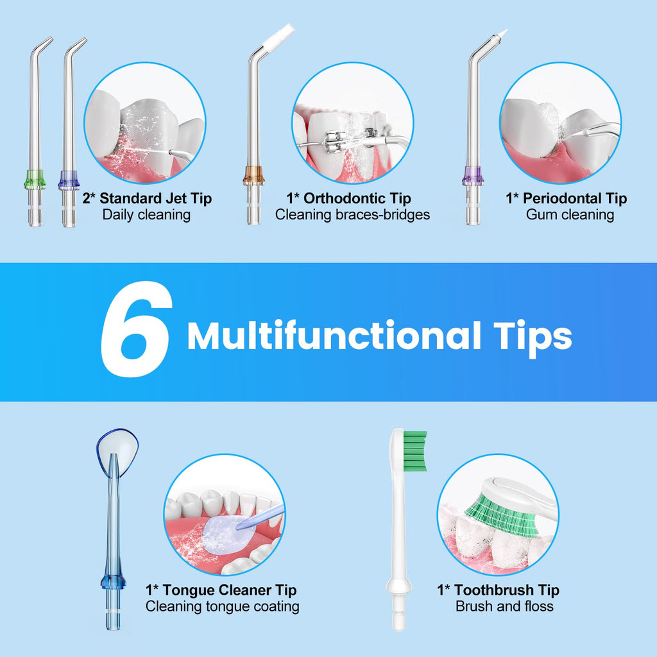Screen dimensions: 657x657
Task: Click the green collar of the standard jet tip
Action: click(x=35, y=179)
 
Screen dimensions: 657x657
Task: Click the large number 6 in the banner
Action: click(x=137, y=329)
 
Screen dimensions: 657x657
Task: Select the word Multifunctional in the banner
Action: click(x=334, y=335)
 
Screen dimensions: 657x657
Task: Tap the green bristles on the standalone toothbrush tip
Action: click(x=415, y=451)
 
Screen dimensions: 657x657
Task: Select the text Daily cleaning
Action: click(x=146, y=215)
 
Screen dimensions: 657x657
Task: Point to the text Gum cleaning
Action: click(x=570, y=215)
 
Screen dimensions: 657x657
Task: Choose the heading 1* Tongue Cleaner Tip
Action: click(x=221, y=590)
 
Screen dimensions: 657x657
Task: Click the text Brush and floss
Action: click(x=504, y=606)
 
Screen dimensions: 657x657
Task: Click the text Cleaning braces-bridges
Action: click(x=352, y=215)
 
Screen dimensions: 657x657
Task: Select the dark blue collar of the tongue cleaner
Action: click(x=113, y=581)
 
